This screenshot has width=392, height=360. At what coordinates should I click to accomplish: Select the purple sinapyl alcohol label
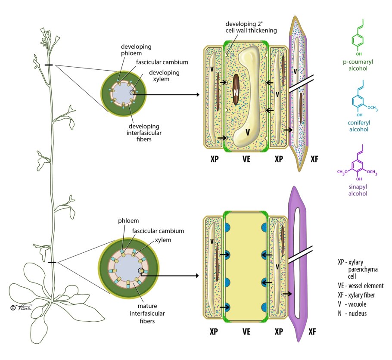point(358,190)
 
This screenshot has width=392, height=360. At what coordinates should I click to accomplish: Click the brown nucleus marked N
point(236,90)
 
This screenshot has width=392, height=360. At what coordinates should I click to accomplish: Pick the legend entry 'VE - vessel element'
point(361,286)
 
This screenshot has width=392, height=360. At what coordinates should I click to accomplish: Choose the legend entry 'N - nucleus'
point(352,313)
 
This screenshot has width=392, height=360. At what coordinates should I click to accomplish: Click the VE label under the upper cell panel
point(246,159)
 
